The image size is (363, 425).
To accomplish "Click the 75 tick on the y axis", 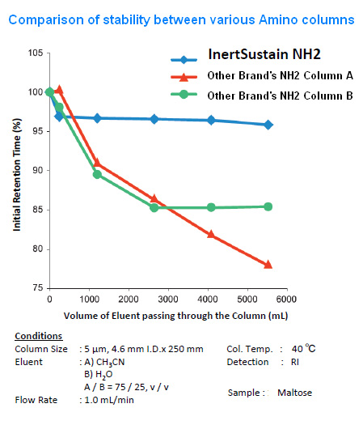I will click(36, 287).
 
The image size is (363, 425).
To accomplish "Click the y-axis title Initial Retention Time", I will click(16, 169).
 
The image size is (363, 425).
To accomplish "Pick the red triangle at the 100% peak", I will click(58, 89).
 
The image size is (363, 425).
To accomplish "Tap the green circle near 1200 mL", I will click(97, 174).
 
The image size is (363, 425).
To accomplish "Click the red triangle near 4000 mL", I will click(211, 234).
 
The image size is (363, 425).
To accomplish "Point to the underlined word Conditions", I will click(38, 336).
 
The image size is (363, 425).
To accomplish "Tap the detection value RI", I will click(294, 362).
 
